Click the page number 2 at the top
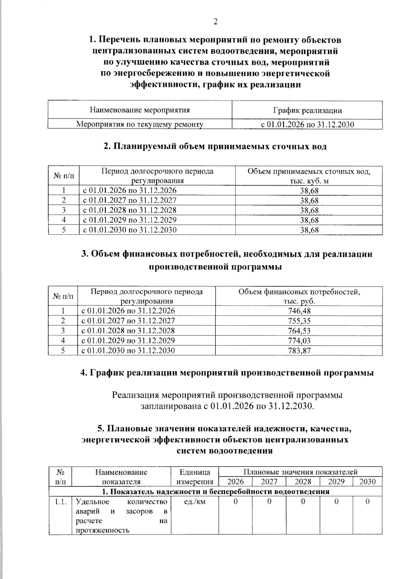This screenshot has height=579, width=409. click(215, 22)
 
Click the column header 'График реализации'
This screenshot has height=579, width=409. click(307, 110)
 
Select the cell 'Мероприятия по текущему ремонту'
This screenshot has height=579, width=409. click(139, 124)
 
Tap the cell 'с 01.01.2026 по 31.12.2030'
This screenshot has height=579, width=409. click(307, 124)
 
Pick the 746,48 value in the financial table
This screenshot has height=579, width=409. click(299, 311)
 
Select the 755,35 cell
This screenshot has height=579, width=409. click(299, 321)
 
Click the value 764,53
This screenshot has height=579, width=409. click(299, 331)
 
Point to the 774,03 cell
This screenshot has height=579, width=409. click(299, 341)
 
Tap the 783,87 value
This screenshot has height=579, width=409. click(299, 350)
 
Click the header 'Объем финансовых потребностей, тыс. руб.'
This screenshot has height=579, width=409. click(299, 296)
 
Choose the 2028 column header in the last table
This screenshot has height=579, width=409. click(303, 482)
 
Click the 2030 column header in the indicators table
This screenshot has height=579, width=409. click(367, 482)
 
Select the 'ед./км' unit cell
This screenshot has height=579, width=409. click(195, 502)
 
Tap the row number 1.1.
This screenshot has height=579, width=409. click(60, 502)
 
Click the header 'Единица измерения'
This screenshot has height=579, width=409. click(195, 477)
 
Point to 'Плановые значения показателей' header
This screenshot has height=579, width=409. click(300, 472)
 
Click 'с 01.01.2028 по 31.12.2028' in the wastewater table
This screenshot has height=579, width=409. click(130, 210)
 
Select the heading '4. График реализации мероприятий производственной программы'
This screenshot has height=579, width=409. click(227, 373)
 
